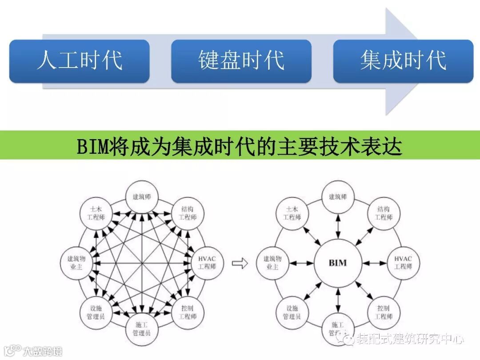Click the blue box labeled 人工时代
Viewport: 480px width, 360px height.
79,61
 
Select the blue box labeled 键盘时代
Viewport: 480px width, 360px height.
241,61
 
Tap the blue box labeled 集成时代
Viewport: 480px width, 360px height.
403,61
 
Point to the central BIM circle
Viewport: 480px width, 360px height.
338,263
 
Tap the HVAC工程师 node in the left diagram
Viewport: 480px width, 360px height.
207,263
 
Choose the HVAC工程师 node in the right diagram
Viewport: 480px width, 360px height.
403,263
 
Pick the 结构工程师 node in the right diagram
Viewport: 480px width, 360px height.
384,213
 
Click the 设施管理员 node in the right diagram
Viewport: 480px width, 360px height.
292,312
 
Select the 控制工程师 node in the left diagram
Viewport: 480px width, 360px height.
188,312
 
